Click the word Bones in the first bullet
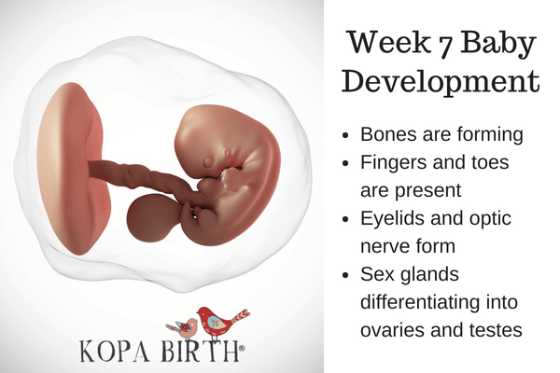388,133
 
